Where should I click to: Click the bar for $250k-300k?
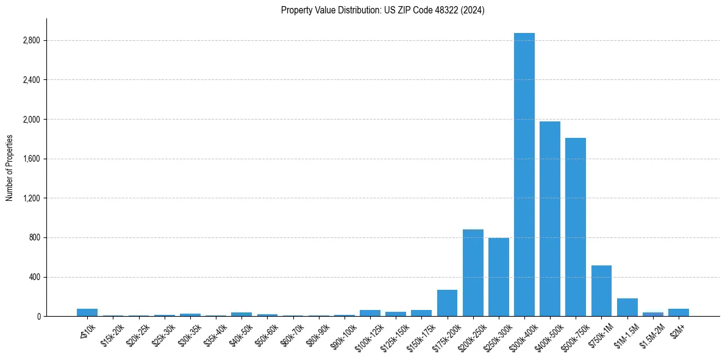click(x=498, y=277)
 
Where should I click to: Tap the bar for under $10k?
click(x=87, y=312)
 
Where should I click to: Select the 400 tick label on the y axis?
click(x=34, y=277)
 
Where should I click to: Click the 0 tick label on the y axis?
click(x=38, y=316)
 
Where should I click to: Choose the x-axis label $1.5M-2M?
click(x=651, y=333)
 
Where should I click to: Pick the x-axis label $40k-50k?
click(x=240, y=333)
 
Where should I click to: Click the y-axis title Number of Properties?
click(x=10, y=167)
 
